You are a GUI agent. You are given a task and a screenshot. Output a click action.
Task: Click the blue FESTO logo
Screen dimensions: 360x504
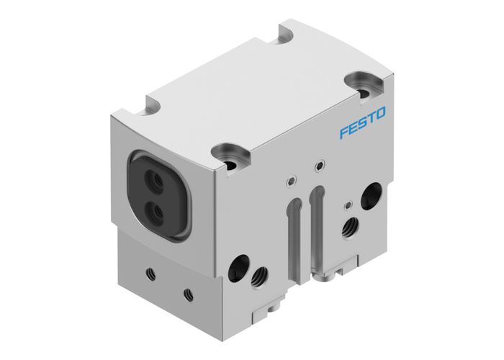point(362,115)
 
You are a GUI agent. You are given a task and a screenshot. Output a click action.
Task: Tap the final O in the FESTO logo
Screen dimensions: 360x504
point(381,112)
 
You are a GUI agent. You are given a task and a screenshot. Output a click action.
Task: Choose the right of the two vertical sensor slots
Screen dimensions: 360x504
point(315,220)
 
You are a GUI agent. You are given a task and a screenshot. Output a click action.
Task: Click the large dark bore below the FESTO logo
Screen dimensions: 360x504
point(373,192)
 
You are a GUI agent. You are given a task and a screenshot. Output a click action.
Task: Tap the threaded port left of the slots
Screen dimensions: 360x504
point(258,274)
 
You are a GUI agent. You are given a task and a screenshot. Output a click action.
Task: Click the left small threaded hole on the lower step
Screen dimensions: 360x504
point(150,271)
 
